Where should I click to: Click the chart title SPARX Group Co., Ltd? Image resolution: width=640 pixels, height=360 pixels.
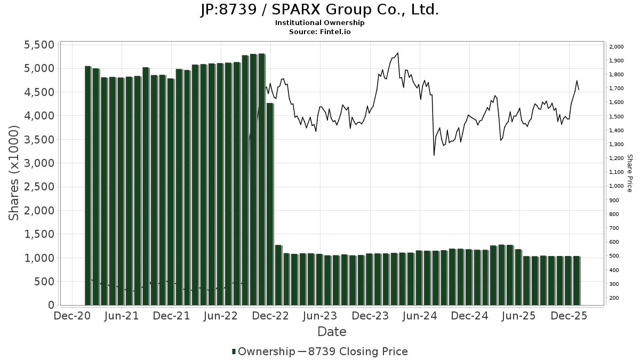point(319,10)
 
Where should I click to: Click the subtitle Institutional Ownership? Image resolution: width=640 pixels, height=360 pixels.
point(319,23)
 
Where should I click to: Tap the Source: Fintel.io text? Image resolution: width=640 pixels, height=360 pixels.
point(319,31)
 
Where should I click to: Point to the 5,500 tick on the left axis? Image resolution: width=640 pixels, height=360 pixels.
point(39,45)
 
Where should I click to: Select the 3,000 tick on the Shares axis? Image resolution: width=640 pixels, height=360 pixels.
point(39,163)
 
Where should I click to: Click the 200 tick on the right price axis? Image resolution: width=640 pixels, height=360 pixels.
point(614,298)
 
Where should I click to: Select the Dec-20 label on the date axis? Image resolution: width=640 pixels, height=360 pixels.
point(73,316)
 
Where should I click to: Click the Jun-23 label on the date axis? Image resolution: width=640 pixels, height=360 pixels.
point(320,316)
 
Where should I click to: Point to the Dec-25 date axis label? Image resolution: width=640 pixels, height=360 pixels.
point(569,316)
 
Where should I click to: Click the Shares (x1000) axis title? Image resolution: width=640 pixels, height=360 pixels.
point(14,173)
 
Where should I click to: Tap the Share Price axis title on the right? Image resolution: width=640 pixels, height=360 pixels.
point(629,173)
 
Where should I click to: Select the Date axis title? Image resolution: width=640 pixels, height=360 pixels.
point(332,332)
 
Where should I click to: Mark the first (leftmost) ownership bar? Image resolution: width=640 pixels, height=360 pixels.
point(88,186)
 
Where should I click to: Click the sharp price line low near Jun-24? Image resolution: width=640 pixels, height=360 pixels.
point(434,155)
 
